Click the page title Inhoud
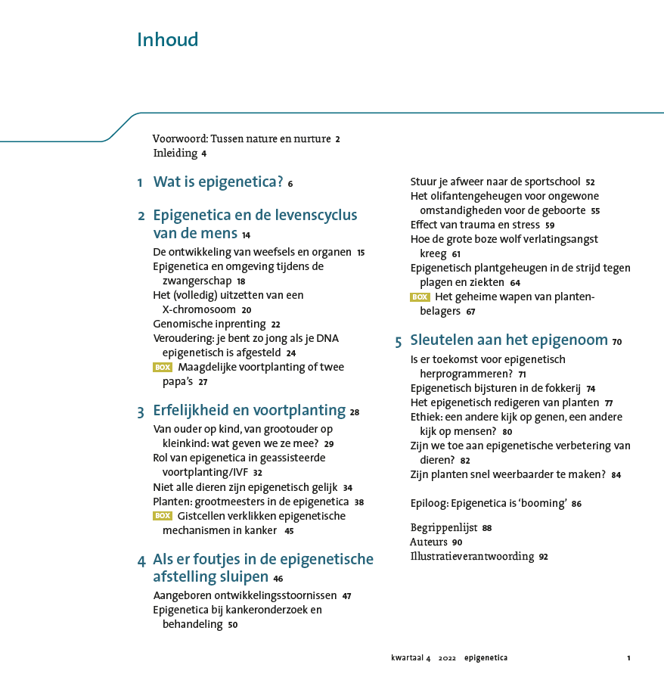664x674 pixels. coord(167,40)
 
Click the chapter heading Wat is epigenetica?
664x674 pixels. coord(218,182)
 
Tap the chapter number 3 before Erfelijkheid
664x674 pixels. coord(141,412)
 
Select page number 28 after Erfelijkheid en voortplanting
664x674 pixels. coord(355,413)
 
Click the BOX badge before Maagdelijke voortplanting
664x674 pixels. coord(163,368)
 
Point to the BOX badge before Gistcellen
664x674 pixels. coord(163,517)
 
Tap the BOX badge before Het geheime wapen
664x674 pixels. coord(420,297)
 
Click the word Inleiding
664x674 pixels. coord(175,154)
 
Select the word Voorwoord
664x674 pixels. coord(178,139)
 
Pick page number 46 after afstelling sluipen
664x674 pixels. coord(278,579)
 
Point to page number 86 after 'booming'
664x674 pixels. coord(576,504)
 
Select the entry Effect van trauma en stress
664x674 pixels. coord(475,225)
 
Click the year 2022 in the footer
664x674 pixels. coord(447,658)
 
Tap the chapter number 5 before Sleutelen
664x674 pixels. coord(398,342)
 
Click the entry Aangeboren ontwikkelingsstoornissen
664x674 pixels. coord(245,596)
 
